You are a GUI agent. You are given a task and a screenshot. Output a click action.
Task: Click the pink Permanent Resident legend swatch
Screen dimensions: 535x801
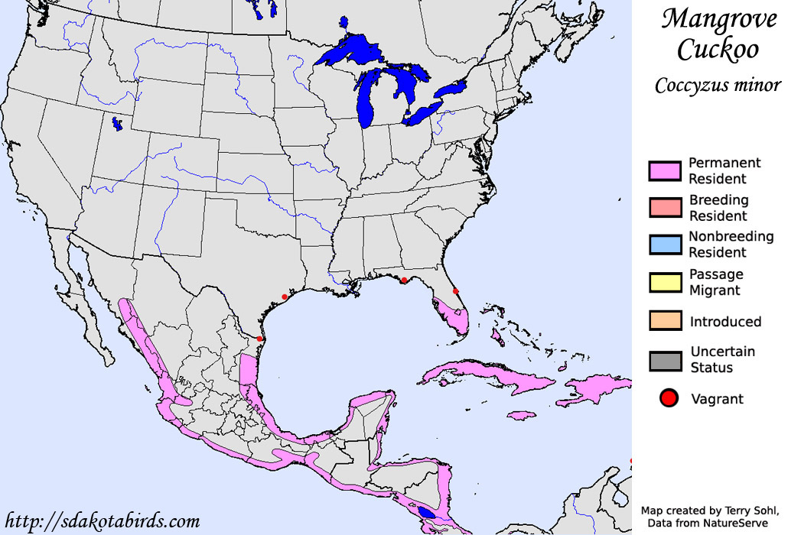click(664, 171)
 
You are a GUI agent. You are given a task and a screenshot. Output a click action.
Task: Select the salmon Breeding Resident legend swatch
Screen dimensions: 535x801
click(664, 208)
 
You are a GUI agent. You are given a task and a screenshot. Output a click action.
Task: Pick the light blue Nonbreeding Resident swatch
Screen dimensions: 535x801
click(664, 245)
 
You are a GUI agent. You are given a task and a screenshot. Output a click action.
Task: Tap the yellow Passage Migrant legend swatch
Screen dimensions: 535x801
click(664, 282)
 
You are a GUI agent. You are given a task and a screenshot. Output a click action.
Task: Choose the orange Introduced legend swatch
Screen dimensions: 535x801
click(664, 321)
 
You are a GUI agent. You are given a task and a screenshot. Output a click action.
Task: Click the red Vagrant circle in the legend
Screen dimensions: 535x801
click(669, 398)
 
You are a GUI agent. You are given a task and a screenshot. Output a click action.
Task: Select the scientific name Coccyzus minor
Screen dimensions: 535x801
click(717, 85)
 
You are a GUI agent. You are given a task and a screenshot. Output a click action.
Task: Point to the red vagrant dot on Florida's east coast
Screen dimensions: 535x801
click(455, 291)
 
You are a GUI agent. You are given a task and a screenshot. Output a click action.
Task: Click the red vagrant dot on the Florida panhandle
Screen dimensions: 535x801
click(403, 280)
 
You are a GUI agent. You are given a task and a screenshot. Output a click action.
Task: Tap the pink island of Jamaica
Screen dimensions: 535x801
click(521, 416)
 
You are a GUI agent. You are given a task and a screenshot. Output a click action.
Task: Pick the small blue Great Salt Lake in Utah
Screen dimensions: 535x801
click(116, 122)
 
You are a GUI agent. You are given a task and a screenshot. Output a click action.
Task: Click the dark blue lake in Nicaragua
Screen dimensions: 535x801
click(426, 513)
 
